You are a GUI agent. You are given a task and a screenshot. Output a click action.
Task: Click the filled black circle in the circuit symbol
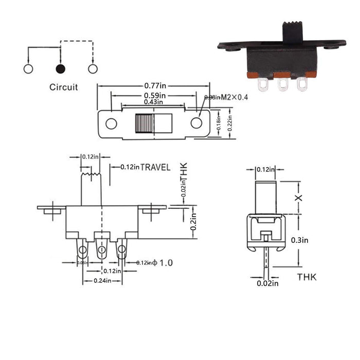(60, 68)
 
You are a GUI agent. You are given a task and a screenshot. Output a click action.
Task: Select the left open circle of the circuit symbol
(28, 68)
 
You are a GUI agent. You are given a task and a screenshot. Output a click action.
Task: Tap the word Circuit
(64, 87)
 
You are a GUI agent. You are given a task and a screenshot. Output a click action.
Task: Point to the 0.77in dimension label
(155, 87)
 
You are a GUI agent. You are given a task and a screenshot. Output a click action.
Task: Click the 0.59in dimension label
(155, 95)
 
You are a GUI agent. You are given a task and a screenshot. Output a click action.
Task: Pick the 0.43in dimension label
(151, 102)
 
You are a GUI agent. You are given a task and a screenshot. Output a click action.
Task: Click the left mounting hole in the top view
(111, 123)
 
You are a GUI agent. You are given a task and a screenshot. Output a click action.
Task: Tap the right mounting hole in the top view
(196, 123)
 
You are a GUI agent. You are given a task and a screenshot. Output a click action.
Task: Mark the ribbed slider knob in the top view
(145, 123)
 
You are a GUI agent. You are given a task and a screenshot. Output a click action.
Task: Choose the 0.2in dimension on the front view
(194, 222)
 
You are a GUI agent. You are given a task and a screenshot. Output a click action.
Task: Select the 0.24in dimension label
(102, 281)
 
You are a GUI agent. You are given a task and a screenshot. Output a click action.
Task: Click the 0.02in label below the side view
(267, 282)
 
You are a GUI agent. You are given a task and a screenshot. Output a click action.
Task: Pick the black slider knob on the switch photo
(291, 33)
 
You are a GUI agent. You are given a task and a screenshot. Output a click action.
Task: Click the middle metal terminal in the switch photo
(282, 83)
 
